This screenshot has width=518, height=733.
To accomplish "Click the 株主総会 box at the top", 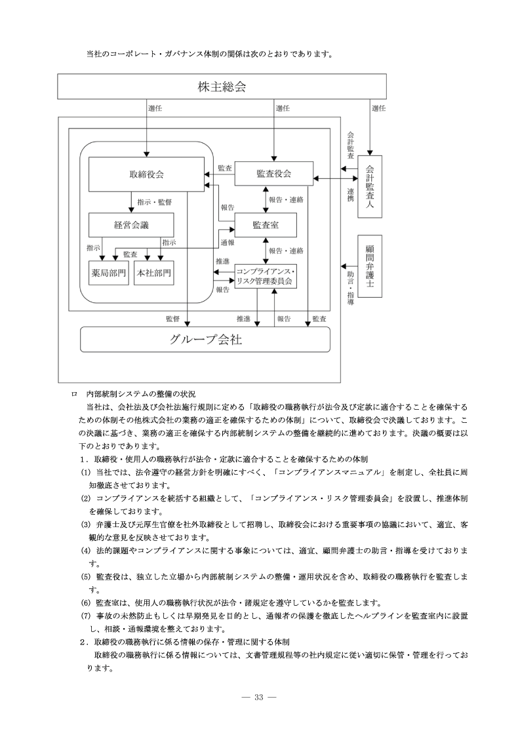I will coord(222,87).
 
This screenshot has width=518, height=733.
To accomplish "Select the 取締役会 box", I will coord(146,174).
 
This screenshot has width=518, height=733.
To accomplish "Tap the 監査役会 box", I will coord(273,174).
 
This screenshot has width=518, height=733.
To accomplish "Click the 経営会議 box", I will coord(131,225).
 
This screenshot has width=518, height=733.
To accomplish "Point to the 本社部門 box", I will coord(153,273).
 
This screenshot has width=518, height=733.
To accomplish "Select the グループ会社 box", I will coord(205,340).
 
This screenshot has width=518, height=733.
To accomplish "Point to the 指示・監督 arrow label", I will coord(154,203).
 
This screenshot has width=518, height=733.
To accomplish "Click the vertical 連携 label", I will coord(351,194).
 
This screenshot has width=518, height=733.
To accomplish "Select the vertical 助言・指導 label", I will coord(351,285).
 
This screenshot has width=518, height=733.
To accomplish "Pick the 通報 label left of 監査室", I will coord(227,242).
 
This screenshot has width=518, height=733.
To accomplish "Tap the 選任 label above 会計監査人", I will coord(378,108).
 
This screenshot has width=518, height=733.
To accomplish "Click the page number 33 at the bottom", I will coord(258,697).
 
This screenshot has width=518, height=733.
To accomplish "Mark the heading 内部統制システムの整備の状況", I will coord(141,394).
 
